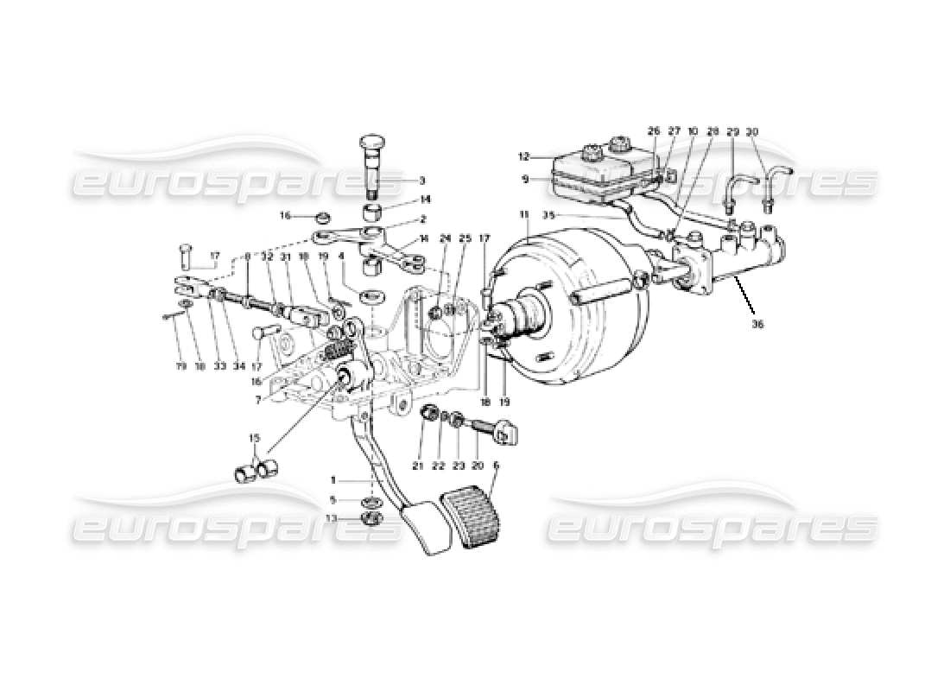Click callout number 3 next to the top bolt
(x=421, y=181)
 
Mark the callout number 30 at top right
(x=751, y=132)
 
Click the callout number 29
(x=732, y=132)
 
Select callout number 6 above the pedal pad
(x=496, y=465)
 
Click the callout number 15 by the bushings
(x=253, y=439)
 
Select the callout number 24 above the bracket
(x=446, y=238)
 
